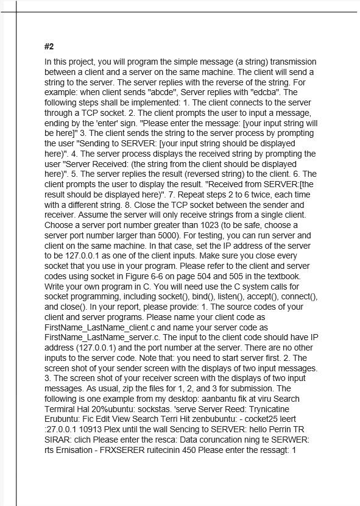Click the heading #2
click(49, 47)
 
